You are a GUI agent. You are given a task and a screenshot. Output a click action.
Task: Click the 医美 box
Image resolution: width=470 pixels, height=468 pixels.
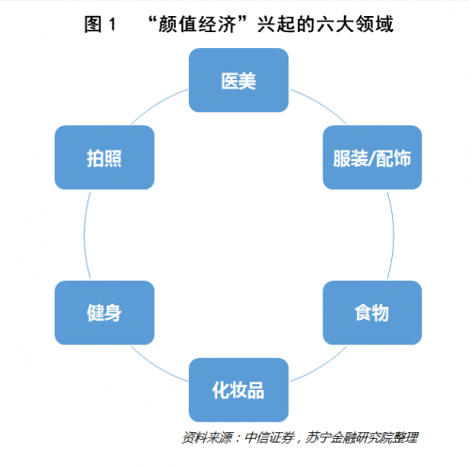[239, 80]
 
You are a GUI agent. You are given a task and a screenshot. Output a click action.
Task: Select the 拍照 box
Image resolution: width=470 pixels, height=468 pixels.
[104, 157]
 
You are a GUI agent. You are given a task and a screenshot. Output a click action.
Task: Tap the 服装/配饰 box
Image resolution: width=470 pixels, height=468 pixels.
[372, 157]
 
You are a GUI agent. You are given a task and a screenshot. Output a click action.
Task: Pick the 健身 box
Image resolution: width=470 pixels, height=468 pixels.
[104, 313]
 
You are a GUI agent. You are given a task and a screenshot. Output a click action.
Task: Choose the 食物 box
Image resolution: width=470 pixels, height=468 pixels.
[372, 313]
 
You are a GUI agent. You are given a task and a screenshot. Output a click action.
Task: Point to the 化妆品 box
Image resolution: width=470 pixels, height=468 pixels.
[239, 390]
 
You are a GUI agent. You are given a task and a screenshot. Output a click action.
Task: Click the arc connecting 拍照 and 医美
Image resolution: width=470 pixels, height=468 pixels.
[157, 104]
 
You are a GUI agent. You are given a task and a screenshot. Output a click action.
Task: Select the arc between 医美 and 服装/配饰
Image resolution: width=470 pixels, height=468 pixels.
[321, 104]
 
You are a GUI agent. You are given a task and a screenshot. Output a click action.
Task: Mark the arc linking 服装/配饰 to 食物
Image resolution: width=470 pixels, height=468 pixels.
[394, 234]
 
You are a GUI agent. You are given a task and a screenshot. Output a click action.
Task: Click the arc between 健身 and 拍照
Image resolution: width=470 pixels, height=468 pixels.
[84, 234]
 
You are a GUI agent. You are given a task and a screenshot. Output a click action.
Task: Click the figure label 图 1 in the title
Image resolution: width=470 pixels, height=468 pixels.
[100, 24]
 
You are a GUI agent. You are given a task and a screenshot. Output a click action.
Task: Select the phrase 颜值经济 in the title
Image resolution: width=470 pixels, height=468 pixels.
[197, 24]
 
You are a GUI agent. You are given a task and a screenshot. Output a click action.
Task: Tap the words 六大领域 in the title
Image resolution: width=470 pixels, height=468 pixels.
[354, 24]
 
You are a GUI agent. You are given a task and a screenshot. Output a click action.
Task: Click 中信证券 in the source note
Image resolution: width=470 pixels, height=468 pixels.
[270, 437]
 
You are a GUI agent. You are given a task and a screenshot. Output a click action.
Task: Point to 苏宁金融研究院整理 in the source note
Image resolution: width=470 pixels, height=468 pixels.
[362, 437]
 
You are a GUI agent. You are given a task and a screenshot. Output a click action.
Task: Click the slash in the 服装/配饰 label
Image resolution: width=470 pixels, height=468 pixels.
[371, 158]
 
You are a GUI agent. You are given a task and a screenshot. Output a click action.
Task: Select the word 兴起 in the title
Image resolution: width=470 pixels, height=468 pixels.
[276, 24]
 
